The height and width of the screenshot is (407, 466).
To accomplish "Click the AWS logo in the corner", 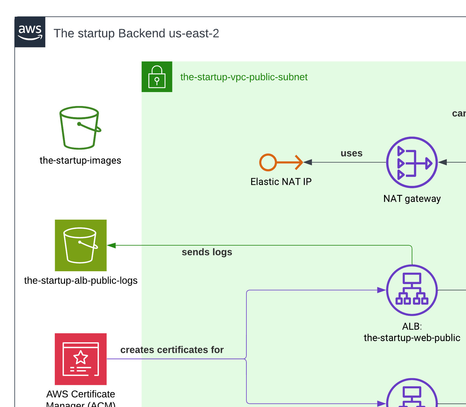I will [30, 32].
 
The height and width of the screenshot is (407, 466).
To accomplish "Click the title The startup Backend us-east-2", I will [136, 34].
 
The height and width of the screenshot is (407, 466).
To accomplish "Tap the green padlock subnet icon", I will [157, 77].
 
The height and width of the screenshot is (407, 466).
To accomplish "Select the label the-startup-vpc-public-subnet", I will [244, 77].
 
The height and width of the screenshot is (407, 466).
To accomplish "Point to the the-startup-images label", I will [80, 161].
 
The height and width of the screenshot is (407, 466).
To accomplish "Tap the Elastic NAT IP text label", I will [281, 182].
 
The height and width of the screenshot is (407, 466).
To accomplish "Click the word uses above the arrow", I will [351, 153].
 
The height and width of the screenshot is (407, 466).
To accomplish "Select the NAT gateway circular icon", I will [412, 162].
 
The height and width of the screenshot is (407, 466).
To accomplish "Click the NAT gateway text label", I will [412, 199].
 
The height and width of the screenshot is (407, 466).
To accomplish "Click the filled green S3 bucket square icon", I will [81, 245].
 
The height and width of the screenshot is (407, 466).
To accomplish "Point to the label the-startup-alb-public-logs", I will [81, 281].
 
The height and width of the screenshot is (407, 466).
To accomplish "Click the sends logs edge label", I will [207, 252].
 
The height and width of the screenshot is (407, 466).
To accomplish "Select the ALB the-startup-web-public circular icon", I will [412, 290].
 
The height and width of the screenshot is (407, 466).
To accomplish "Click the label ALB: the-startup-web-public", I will [412, 332].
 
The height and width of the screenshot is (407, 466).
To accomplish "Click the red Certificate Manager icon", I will [81, 359].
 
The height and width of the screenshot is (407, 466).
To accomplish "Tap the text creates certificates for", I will [172, 350].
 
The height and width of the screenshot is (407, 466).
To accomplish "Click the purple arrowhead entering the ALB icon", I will [381, 290].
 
